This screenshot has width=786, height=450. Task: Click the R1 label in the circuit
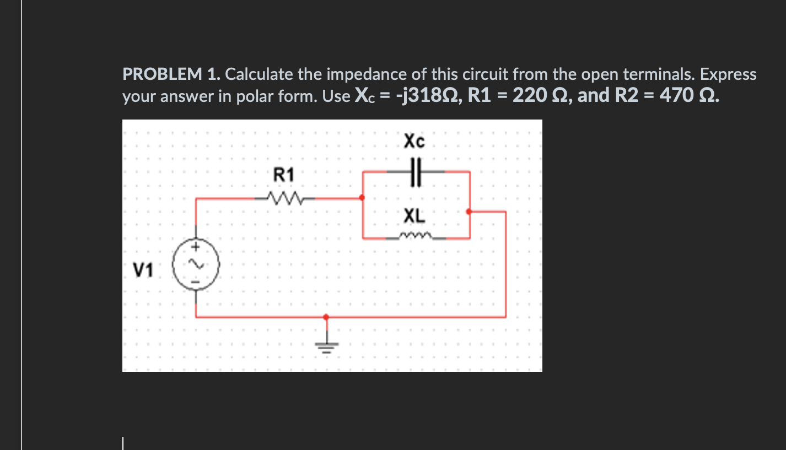tap(284, 176)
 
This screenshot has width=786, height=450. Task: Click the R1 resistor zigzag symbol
tap(284, 197)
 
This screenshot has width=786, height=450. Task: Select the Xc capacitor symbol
tap(416, 171)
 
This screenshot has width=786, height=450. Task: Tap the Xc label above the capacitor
tap(414, 142)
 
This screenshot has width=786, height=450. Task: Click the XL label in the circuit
tap(414, 216)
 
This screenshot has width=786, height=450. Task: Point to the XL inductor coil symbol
tap(414, 237)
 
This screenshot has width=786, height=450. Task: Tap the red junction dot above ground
tap(326, 317)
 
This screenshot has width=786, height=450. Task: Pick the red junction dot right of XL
tap(469, 211)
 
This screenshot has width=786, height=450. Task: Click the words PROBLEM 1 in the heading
tap(171, 74)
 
